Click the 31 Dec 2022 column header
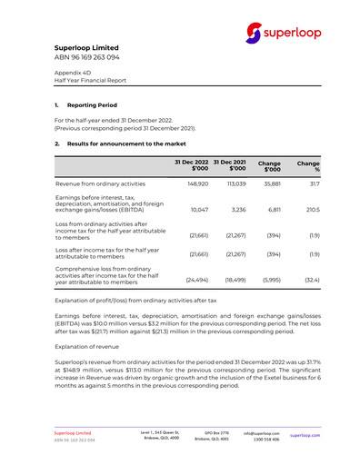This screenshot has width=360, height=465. tap(192, 165)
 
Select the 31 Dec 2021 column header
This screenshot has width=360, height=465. tap(231, 165)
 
